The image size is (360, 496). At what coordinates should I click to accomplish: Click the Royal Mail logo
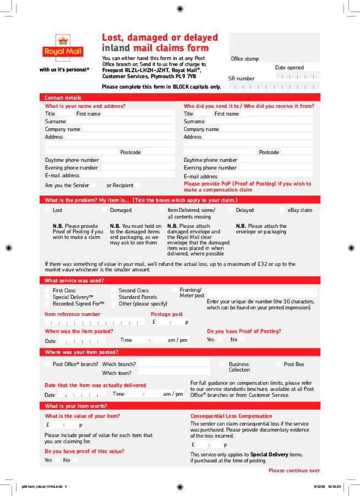63,47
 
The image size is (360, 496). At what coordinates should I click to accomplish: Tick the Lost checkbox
47,210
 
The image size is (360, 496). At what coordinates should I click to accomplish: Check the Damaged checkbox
104,210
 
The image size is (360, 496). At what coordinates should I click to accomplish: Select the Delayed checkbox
230,210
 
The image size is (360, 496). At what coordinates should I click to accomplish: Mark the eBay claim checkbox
282,210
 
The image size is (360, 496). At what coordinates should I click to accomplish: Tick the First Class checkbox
47,290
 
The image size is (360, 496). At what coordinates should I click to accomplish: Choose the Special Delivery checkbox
47,297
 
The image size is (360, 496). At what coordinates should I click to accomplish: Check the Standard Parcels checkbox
113,297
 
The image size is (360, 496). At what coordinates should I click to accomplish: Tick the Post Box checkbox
279,364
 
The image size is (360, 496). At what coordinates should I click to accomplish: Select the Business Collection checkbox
222,364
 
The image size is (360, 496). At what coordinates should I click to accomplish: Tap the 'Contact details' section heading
63,97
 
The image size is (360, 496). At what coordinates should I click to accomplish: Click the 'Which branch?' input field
174,363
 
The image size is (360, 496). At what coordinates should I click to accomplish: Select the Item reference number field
95,322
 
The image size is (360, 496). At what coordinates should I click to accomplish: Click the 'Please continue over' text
294,471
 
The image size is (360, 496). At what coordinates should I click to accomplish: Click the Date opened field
298,76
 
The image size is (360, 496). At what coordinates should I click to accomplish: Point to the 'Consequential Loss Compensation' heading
231,416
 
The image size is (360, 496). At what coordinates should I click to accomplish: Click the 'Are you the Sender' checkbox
94,185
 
